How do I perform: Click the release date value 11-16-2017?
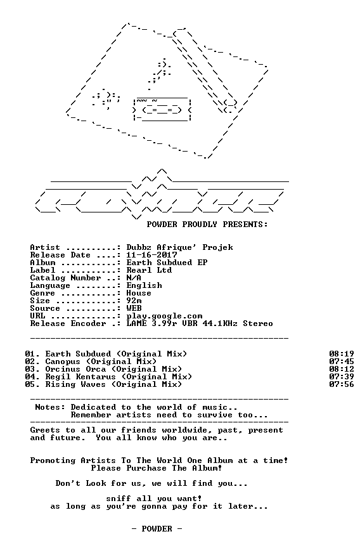(151, 255)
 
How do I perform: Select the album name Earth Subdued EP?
(167, 263)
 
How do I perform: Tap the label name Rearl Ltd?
(149, 270)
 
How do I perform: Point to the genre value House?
(139, 293)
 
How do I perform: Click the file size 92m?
(134, 301)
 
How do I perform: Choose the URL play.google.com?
(164, 316)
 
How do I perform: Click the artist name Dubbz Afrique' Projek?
(180, 247)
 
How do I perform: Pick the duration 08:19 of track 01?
(342, 354)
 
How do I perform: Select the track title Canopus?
(63, 362)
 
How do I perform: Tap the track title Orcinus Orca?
(75, 369)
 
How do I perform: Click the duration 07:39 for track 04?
(342, 377)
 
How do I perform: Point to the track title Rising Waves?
(75, 384)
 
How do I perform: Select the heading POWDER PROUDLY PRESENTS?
(207, 225)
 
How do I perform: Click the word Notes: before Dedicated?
(50, 407)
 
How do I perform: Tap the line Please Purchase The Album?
(157, 468)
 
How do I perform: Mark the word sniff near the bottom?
(119, 499)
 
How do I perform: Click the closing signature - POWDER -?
(157, 529)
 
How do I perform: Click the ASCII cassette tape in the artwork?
(162, 109)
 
